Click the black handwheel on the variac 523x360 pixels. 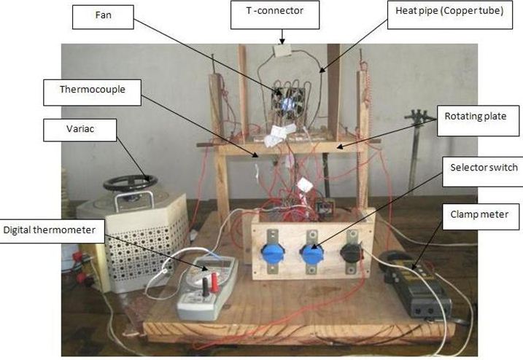tap(130, 183)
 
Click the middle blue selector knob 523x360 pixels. tap(313, 256)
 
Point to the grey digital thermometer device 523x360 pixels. tap(206, 288)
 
